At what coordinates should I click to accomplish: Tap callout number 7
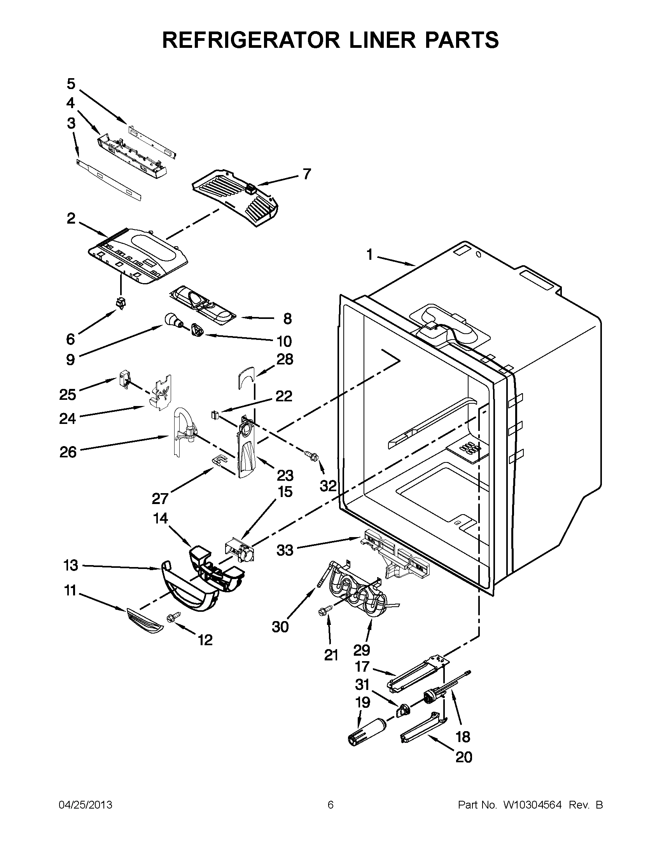pos(307,173)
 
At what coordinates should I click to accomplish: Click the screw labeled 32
pos(312,455)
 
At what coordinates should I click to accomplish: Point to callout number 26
pos(68,452)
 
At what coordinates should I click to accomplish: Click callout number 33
pos(285,550)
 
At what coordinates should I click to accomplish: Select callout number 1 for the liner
pos(369,255)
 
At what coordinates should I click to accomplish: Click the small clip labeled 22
pos(214,414)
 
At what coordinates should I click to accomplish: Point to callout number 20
pos(464,757)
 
